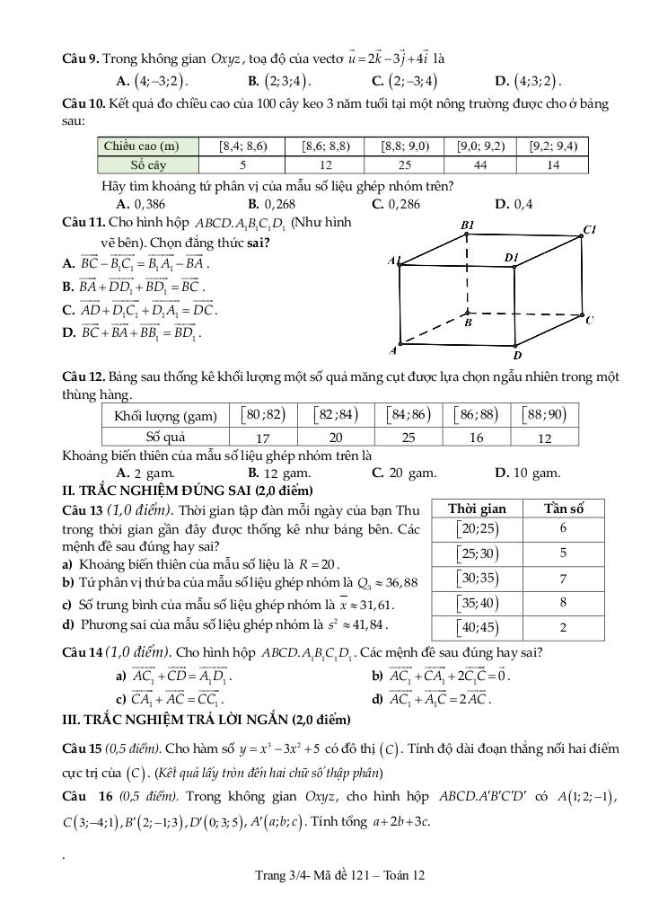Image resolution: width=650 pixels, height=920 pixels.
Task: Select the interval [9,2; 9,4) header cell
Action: [553, 146]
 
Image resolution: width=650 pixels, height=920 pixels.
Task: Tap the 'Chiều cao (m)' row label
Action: [141, 146]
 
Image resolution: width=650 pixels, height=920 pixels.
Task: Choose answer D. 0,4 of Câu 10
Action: [514, 204]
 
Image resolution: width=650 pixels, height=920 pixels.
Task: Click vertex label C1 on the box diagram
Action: [590, 229]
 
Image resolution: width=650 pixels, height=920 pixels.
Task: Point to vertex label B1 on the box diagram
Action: [467, 225]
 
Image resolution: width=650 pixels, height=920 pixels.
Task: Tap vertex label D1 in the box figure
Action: [512, 258]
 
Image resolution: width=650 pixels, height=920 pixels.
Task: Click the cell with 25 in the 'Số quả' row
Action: [408, 438]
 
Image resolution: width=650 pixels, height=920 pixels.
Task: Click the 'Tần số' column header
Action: [564, 509]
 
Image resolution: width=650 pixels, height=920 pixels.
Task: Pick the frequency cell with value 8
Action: [563, 602]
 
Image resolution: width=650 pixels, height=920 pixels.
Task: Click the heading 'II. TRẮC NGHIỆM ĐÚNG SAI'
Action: [187, 491]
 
